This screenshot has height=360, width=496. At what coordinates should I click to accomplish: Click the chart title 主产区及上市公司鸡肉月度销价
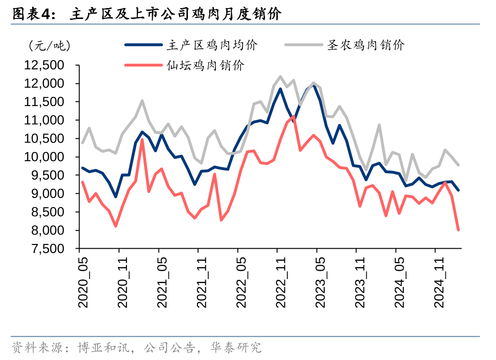click(x=175, y=14)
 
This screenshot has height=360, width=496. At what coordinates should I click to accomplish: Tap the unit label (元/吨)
click(x=49, y=45)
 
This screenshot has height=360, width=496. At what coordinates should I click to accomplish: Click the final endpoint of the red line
click(x=458, y=230)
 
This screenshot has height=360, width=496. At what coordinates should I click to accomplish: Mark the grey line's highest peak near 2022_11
click(x=280, y=76)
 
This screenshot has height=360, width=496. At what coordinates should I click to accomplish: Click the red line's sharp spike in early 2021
click(x=142, y=140)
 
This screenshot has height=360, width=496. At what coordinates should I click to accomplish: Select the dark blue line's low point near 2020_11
click(x=115, y=197)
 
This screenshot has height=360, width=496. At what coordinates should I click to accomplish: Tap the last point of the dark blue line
click(x=458, y=190)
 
